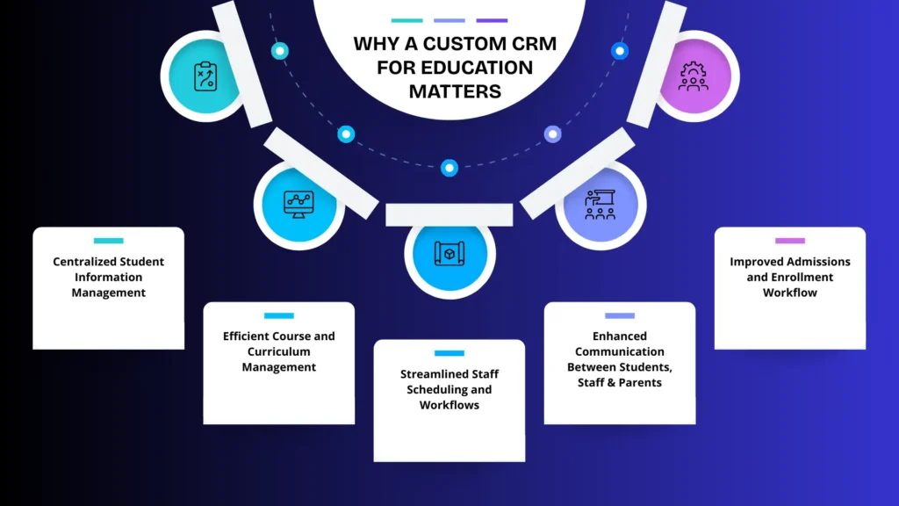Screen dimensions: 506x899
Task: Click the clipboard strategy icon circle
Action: pyautogui.click(x=205, y=76)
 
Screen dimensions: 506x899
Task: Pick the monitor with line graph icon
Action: pyautogui.click(x=298, y=203)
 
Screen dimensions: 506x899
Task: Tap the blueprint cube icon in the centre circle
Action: pyautogui.click(x=449, y=253)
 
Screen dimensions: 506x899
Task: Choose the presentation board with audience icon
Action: pyautogui.click(x=601, y=203)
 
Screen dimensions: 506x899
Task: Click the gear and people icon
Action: pyautogui.click(x=694, y=76)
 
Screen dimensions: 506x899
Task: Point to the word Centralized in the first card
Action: pyautogui.click(x=83, y=262)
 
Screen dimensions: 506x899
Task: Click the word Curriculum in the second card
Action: pyautogui.click(x=279, y=351)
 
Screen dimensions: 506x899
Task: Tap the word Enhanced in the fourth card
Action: pyautogui.click(x=619, y=336)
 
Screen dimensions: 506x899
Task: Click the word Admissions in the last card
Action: pyautogui.click(x=811, y=262)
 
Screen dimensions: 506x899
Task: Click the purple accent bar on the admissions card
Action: pyautogui.click(x=790, y=241)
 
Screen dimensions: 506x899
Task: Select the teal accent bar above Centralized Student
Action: pyautogui.click(x=109, y=241)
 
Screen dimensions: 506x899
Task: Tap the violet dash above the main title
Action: pyautogui.click(x=492, y=19)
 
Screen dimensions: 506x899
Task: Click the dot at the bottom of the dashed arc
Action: pyautogui.click(x=449, y=167)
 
